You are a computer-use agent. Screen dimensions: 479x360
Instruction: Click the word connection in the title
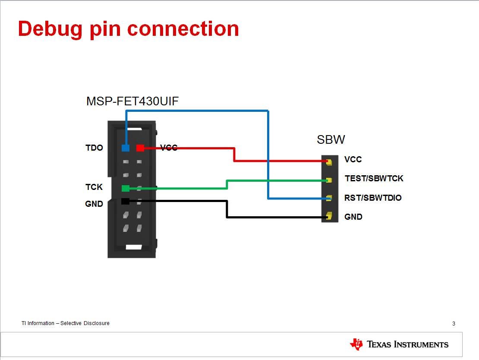183,29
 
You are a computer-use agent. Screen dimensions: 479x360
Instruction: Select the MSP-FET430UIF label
132,101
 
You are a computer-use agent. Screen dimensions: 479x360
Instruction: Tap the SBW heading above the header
331,140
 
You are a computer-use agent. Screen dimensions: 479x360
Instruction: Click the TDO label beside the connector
94,148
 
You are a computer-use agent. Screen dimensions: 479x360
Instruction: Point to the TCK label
94,187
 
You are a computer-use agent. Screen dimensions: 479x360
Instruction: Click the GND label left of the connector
94,204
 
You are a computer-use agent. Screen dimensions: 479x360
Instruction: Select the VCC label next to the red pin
169,148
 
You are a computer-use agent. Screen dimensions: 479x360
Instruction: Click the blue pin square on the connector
126,148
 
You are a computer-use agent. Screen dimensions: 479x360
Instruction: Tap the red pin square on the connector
140,148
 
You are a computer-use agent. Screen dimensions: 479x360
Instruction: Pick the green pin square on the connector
126,188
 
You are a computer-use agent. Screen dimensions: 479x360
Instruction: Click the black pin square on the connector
125,201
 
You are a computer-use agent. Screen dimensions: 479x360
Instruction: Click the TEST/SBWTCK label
374,178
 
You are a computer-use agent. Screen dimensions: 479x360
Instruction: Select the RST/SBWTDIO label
373,198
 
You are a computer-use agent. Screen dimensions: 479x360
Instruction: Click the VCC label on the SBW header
353,160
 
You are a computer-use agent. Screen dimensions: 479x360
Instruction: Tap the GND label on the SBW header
353,217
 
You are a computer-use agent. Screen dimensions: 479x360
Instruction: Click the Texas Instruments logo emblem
356,344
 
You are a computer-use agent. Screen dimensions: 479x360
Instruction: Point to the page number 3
454,324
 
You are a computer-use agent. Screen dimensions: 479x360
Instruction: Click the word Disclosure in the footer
96,323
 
